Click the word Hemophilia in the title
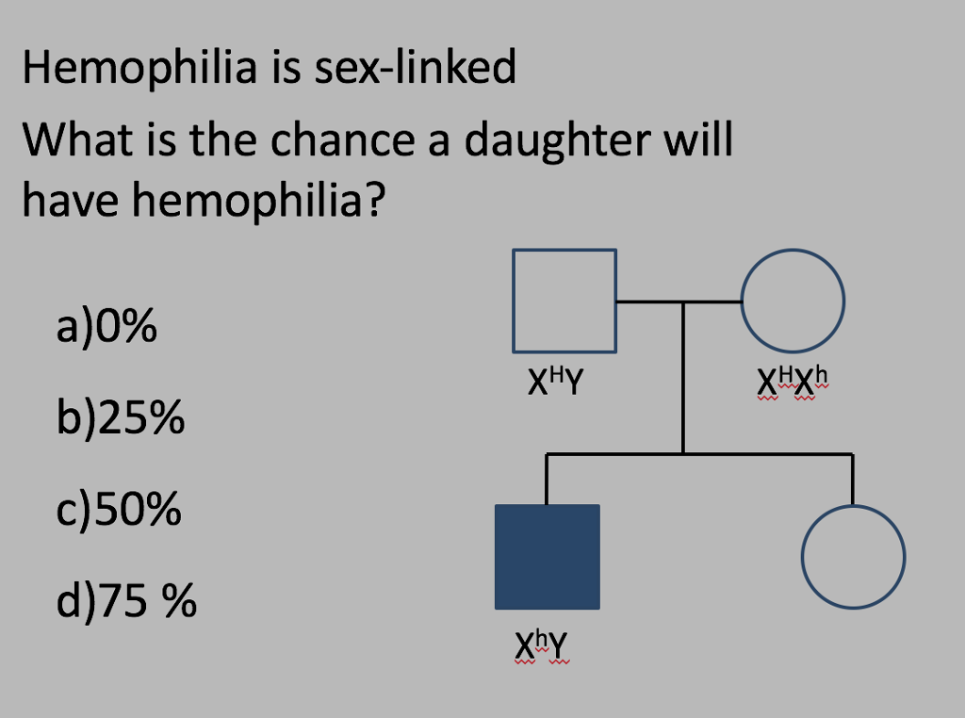click(x=139, y=69)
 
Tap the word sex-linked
click(x=416, y=67)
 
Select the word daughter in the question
click(x=556, y=141)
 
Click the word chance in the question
click(x=343, y=139)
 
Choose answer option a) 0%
click(x=106, y=326)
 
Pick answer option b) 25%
click(x=121, y=417)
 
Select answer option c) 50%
click(x=119, y=510)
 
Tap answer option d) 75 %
click(x=126, y=600)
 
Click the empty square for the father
click(x=514, y=301)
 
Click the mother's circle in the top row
click(x=741, y=301)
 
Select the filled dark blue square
click(x=548, y=557)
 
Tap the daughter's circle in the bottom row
click(x=802, y=557)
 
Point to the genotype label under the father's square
click(x=556, y=381)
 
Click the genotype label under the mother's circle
click(x=793, y=383)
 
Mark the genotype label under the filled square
click(x=542, y=646)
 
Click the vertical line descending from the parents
click(x=683, y=378)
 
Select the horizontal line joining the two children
click(x=699, y=455)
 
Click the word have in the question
click(x=70, y=200)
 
